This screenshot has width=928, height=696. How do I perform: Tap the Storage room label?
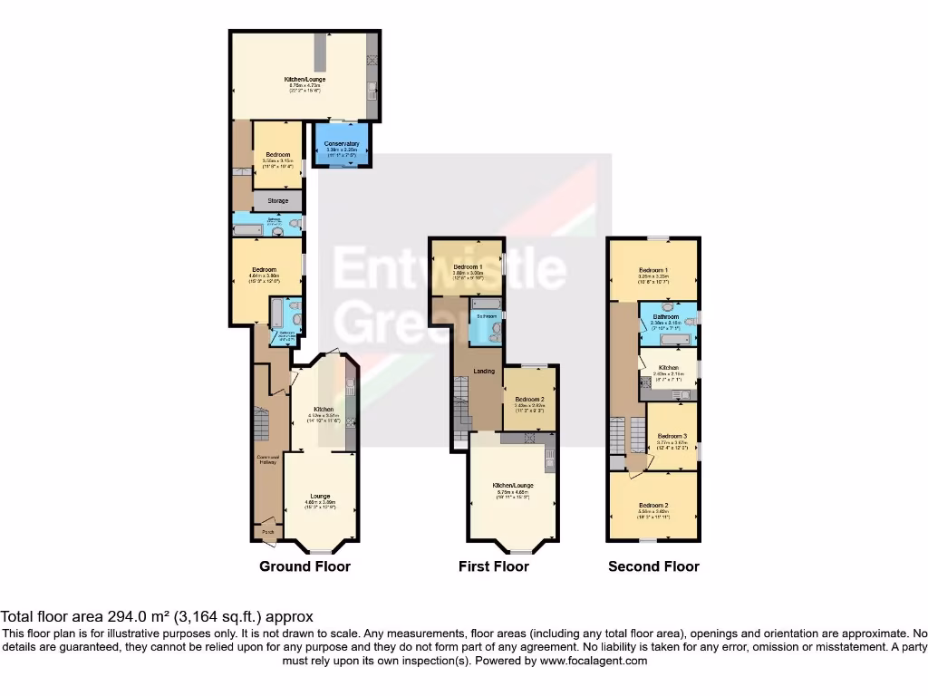277,200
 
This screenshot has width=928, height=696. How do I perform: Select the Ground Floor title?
304,566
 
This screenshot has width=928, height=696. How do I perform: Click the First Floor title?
493,566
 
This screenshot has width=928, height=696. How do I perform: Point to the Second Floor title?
653,566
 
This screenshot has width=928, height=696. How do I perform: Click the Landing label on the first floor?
486,370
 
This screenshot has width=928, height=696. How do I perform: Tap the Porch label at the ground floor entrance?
267,532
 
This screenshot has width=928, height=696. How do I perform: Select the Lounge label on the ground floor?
319,496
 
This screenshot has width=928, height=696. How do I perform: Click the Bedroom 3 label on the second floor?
672,435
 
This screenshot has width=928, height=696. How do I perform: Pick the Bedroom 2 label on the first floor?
529,400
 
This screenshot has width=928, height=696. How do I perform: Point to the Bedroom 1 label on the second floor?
653,270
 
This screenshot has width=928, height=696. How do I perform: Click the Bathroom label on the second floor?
668,316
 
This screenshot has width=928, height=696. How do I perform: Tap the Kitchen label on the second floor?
668,367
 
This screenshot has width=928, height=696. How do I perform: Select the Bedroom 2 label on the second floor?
653,505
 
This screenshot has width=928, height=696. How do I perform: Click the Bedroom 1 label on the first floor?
468,266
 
